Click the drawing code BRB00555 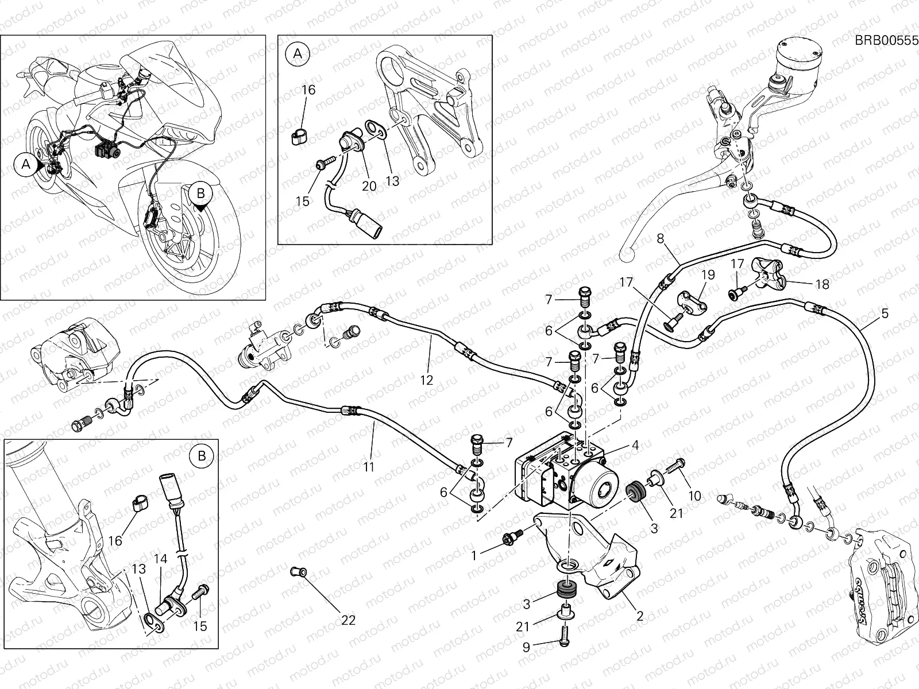point(886,40)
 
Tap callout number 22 point(349,620)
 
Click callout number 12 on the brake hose point(426,380)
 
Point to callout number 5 point(885,313)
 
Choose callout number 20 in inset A point(369,186)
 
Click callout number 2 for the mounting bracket point(639,616)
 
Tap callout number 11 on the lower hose point(368,467)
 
